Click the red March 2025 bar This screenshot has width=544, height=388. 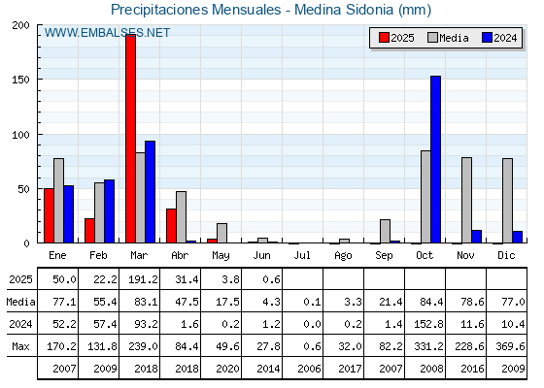click(131, 139)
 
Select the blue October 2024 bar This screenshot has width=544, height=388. click(436, 159)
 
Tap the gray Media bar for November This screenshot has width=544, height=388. click(466, 200)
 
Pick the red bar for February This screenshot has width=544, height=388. click(89, 231)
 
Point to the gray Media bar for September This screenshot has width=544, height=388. click(385, 231)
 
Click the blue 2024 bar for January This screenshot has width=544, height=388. click(69, 214)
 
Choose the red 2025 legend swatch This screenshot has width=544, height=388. click(384, 38)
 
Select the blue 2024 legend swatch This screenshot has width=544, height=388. click(488, 38)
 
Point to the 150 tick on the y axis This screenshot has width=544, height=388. click(21, 80)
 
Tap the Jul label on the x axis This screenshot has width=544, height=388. click(302, 255)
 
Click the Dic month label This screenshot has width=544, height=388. click(506, 255)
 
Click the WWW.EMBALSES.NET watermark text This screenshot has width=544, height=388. click(107, 33)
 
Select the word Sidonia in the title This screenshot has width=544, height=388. click(369, 10)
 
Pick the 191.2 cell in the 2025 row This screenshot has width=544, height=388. click(144, 279)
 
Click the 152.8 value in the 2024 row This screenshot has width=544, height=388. click(428, 324)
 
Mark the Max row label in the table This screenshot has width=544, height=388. click(20, 346)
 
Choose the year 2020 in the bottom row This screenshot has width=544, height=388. click(228, 369)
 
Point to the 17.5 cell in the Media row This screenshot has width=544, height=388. click(228, 302)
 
